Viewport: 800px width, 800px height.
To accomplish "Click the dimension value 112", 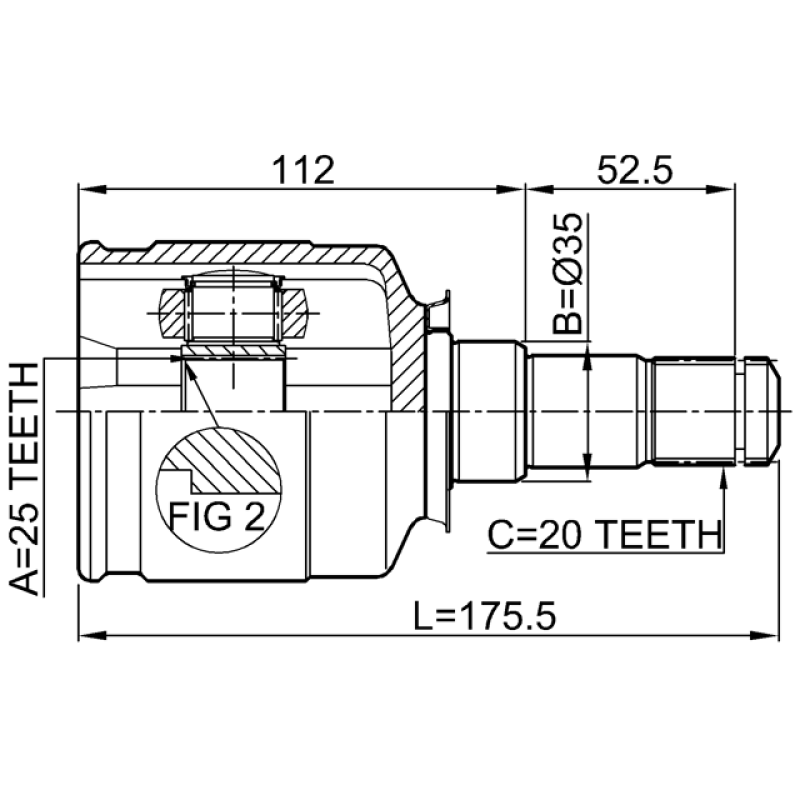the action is click(304, 170).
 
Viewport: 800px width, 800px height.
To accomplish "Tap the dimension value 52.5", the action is click(635, 170).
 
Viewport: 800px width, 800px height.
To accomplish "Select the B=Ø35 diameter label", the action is click(567, 273).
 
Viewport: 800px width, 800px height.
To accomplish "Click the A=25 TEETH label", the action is click(24, 479).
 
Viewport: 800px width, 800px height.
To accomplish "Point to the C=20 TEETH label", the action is click(605, 534).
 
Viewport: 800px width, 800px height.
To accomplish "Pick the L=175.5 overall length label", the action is click(484, 616).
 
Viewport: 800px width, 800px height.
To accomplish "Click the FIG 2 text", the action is click(217, 516).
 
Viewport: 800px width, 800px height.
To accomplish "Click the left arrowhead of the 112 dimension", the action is click(92, 190).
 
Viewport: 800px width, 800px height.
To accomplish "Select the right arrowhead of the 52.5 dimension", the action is click(721, 190).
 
